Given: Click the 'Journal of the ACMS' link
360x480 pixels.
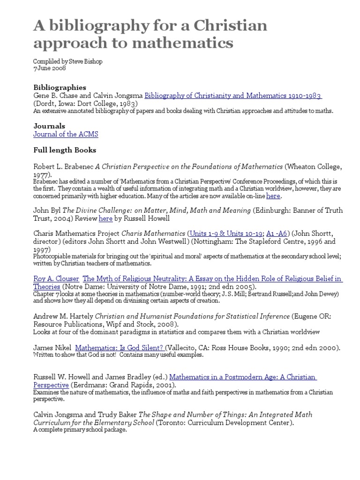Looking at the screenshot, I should pos(66,135).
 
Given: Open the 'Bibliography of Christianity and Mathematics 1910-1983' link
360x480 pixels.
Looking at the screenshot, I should pos(232,96).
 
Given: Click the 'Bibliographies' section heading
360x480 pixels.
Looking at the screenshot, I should pos(60,87).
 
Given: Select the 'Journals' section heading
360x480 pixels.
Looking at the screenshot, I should pos(49,126).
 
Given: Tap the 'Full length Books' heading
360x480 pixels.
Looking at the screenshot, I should pos(65,150).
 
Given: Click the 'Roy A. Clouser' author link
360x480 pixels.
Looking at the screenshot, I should pos(56,278).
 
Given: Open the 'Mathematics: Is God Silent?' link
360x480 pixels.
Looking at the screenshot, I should pos(119,348).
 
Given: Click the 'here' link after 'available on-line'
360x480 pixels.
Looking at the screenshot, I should pos(273,196).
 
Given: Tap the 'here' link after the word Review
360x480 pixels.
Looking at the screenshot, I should pos(105,218).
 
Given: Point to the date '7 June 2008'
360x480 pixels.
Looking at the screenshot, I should pos(50,68).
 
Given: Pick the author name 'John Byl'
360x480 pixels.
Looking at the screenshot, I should pos(47,210).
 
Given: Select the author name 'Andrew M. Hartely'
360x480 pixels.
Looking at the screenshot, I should pos(63,316).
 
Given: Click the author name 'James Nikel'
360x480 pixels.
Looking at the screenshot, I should pos(52,348).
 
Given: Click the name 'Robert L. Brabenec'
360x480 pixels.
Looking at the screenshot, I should pos(63,166).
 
